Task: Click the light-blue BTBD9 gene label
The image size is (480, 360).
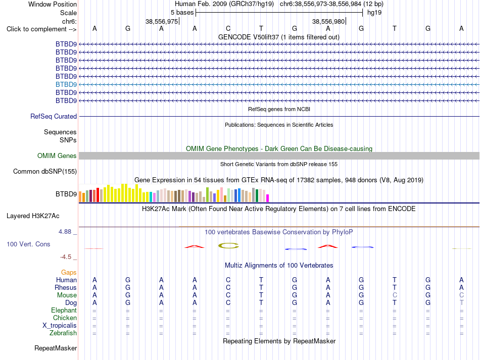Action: [66, 84]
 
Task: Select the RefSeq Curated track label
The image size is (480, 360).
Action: [54, 116]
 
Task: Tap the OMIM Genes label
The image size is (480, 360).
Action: [57, 156]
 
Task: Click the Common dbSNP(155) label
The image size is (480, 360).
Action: [45, 171]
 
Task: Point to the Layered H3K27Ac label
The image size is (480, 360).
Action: [33, 216]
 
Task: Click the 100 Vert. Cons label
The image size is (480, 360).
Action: [28, 244]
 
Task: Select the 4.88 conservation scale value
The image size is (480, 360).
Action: [65, 232]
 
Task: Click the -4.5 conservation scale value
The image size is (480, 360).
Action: [66, 257]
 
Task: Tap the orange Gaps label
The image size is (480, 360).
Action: [69, 272]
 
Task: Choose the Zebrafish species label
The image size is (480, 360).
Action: [63, 333]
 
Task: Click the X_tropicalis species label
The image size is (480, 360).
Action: [60, 326]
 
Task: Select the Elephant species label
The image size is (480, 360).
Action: [64, 310]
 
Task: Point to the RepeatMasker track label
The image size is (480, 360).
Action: [56, 348]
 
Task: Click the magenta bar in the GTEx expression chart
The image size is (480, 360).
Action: [268, 198]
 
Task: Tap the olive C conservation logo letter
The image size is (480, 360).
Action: [228, 245]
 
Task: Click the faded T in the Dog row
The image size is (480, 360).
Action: [461, 302]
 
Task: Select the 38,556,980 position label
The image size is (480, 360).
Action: [328, 21]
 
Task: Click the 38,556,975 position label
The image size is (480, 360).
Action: [162, 21]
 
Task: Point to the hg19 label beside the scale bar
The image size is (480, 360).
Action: [374, 13]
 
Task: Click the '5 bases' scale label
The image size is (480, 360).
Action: [182, 13]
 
